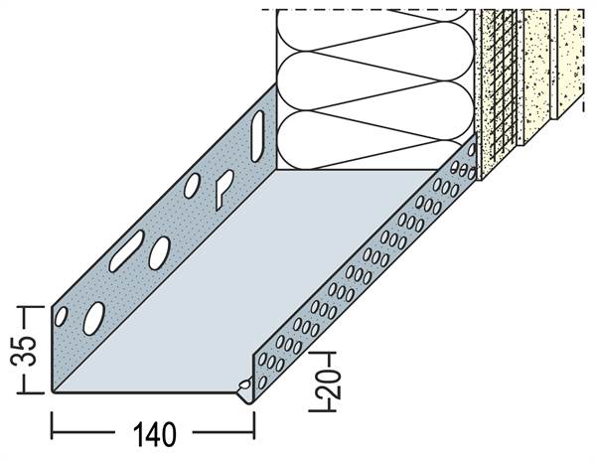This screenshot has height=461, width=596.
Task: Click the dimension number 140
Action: [155, 434]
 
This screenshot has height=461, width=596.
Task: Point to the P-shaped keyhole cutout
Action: [223, 189]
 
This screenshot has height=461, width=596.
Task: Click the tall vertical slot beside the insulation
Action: [257, 136]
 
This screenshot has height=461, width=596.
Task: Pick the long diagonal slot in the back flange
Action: [126, 250]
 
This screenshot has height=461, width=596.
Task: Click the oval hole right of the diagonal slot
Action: [159, 252]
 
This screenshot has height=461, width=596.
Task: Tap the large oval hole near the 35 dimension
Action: [94, 319]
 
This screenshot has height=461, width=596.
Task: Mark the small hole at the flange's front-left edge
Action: [61, 316]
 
